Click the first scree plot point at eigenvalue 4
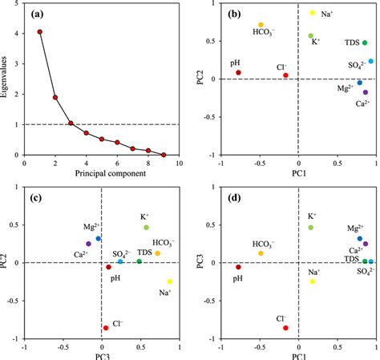pos(39,32)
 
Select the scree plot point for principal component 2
pos(55,98)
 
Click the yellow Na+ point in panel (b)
pos(313,14)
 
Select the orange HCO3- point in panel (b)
pos(261,25)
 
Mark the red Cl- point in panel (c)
pos(105,328)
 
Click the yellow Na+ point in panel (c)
pos(170,281)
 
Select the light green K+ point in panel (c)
pos(147,228)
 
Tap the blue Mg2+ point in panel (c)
pos(98,239)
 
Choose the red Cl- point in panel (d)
pos(284,328)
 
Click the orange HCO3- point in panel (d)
pos(261,253)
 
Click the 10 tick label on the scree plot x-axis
pos(179,164)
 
